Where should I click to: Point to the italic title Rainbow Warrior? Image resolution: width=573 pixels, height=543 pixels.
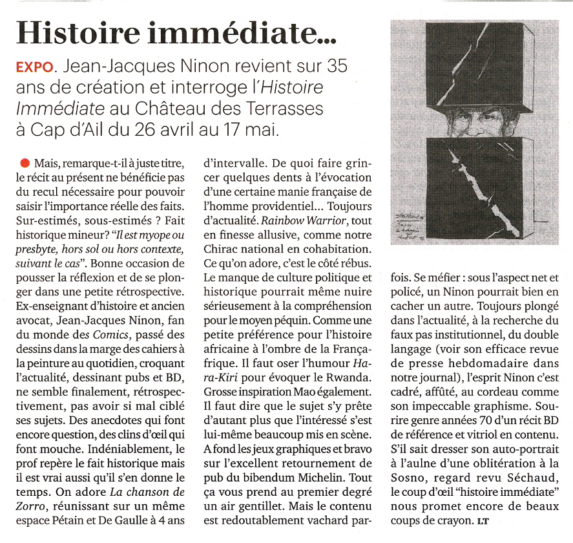click(297, 220)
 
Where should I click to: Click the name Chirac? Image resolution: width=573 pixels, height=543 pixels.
click(222, 248)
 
